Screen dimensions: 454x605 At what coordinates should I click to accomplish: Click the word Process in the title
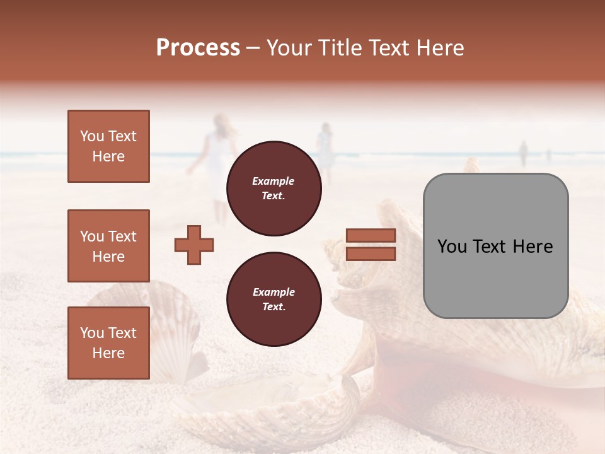[x=198, y=48]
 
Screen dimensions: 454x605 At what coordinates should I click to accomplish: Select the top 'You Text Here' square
[x=108, y=146]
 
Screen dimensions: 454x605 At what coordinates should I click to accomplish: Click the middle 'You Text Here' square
[x=108, y=246]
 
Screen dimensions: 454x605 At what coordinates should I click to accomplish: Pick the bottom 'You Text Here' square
[x=108, y=343]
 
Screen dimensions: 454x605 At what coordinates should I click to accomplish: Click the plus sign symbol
[x=194, y=245]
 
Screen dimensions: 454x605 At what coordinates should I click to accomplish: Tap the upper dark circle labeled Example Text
[x=274, y=189]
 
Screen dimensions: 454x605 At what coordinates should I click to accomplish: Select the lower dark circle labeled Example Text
[x=274, y=300]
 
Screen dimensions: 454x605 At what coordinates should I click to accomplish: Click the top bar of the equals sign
[x=371, y=235]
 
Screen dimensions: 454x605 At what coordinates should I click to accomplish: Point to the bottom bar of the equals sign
[x=371, y=254]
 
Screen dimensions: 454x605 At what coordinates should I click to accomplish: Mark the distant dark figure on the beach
[x=522, y=153]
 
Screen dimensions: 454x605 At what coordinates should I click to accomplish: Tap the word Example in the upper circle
[x=274, y=181]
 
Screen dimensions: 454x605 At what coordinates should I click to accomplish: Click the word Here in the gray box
[x=533, y=247]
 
